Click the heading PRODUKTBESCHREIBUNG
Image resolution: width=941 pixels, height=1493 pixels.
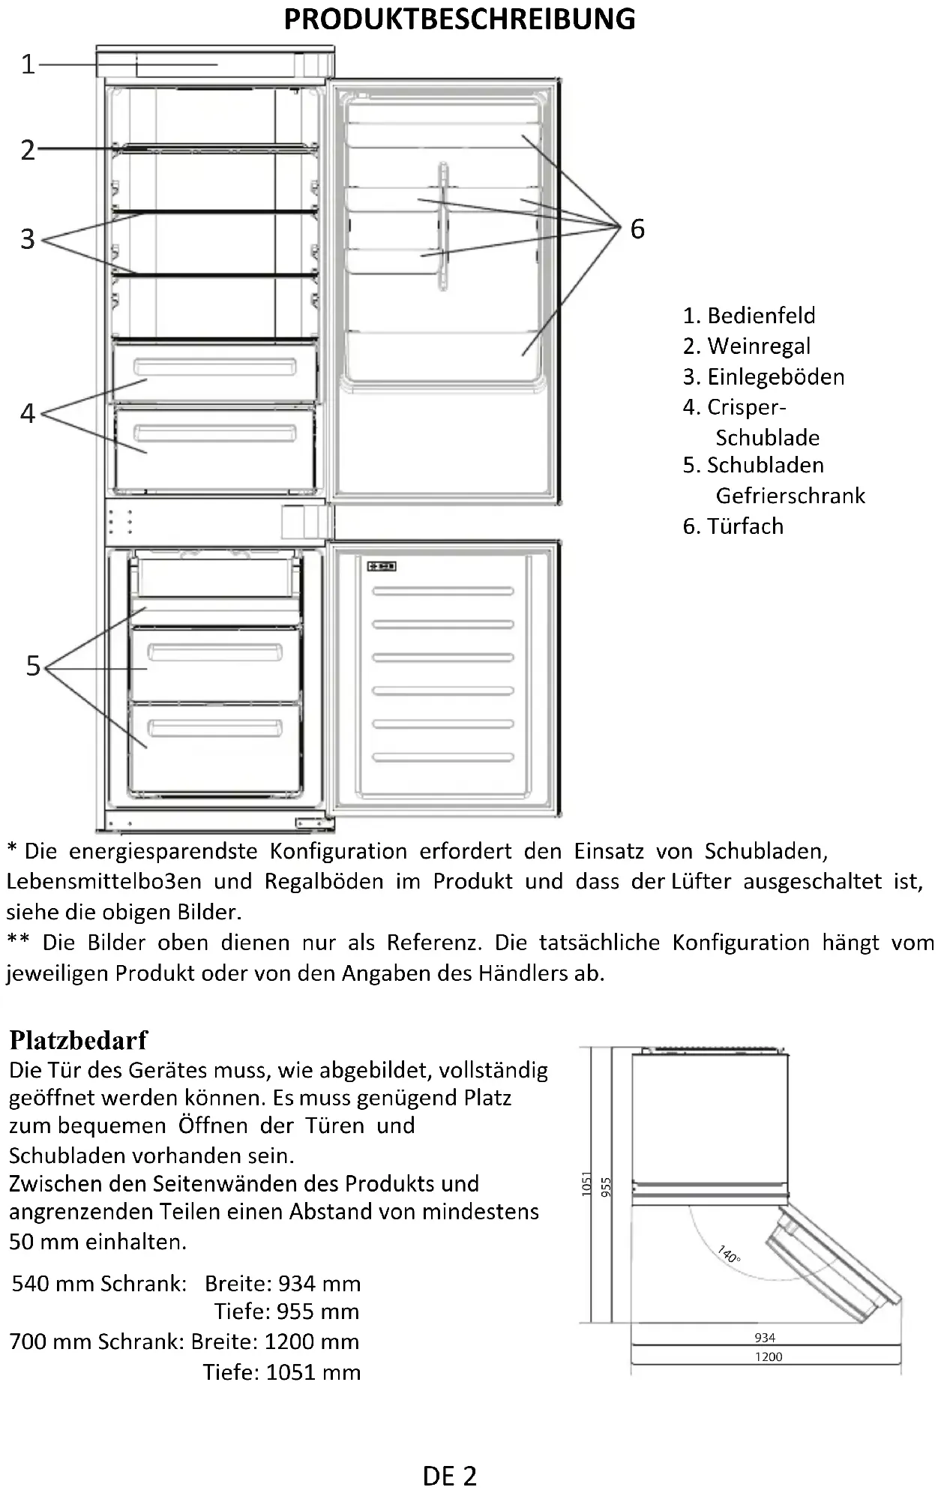click(459, 19)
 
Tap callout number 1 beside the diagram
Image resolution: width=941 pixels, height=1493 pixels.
click(28, 64)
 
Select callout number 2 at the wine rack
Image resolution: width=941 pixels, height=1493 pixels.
click(28, 150)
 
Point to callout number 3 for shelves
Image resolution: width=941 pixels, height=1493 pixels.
click(28, 239)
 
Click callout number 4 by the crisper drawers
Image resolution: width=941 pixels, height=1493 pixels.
click(28, 413)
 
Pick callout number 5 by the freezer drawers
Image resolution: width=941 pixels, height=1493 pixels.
click(33, 666)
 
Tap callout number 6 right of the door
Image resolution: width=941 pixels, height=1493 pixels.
click(637, 229)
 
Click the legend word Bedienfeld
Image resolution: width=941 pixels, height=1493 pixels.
click(760, 316)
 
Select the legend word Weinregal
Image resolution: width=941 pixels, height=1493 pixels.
click(758, 346)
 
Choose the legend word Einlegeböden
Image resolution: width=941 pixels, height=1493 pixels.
click(775, 376)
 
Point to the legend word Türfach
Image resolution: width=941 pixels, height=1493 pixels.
click(745, 526)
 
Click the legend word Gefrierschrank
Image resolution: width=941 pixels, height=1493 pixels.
click(790, 496)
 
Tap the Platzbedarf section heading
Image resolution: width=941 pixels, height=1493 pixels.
click(79, 1040)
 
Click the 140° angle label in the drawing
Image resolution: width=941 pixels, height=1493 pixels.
click(729, 1255)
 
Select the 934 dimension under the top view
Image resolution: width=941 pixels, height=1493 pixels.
click(765, 1337)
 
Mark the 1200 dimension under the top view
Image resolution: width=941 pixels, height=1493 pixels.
click(768, 1357)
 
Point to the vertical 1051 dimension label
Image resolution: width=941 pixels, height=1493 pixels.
click(587, 1183)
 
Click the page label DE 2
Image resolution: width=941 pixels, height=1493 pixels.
click(450, 1477)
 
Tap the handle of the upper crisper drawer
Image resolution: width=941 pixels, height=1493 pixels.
click(215, 367)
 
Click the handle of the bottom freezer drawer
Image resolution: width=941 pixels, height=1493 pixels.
click(215, 727)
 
